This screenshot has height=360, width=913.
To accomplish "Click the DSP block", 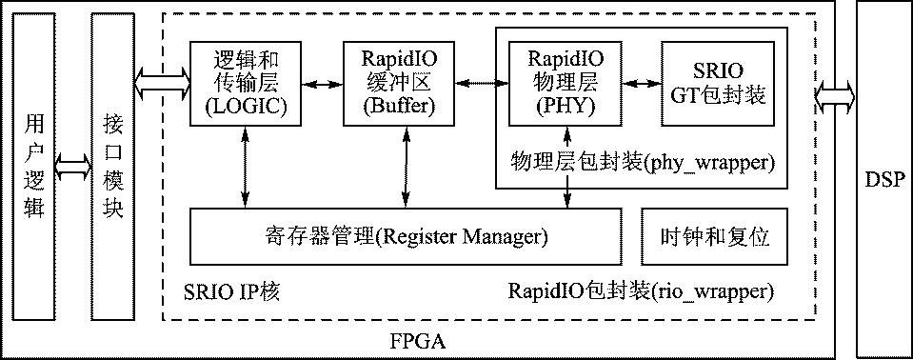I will [x=883, y=179].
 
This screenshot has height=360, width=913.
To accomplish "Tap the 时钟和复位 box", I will [x=715, y=236].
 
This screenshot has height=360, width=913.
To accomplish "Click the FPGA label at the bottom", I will [x=419, y=340].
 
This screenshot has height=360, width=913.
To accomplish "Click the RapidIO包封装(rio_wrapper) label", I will [x=641, y=290].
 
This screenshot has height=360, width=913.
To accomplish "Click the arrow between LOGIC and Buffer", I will [x=316, y=83].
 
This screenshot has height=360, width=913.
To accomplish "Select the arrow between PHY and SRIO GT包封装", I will [x=636, y=83].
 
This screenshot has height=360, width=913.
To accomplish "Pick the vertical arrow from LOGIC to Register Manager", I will [x=246, y=167].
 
